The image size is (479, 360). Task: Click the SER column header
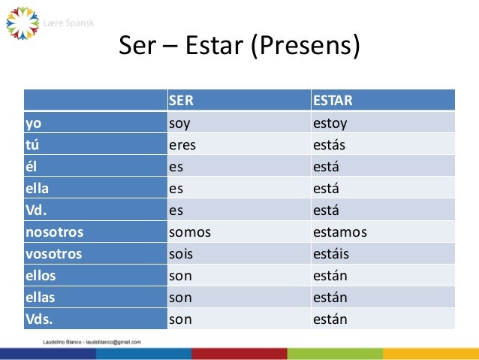point(181,101)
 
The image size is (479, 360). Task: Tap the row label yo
point(33,123)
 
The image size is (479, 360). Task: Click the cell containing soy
point(179,123)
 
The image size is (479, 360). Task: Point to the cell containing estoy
point(330,123)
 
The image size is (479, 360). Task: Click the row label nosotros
point(54,231)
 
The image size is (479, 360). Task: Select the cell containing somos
point(190,231)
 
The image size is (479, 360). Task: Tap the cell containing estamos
point(340,231)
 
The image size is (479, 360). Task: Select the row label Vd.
point(37,210)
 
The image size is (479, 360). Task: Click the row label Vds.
point(40,319)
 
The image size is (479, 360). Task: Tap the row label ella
point(37,188)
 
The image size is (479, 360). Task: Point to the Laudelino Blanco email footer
point(91,341)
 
